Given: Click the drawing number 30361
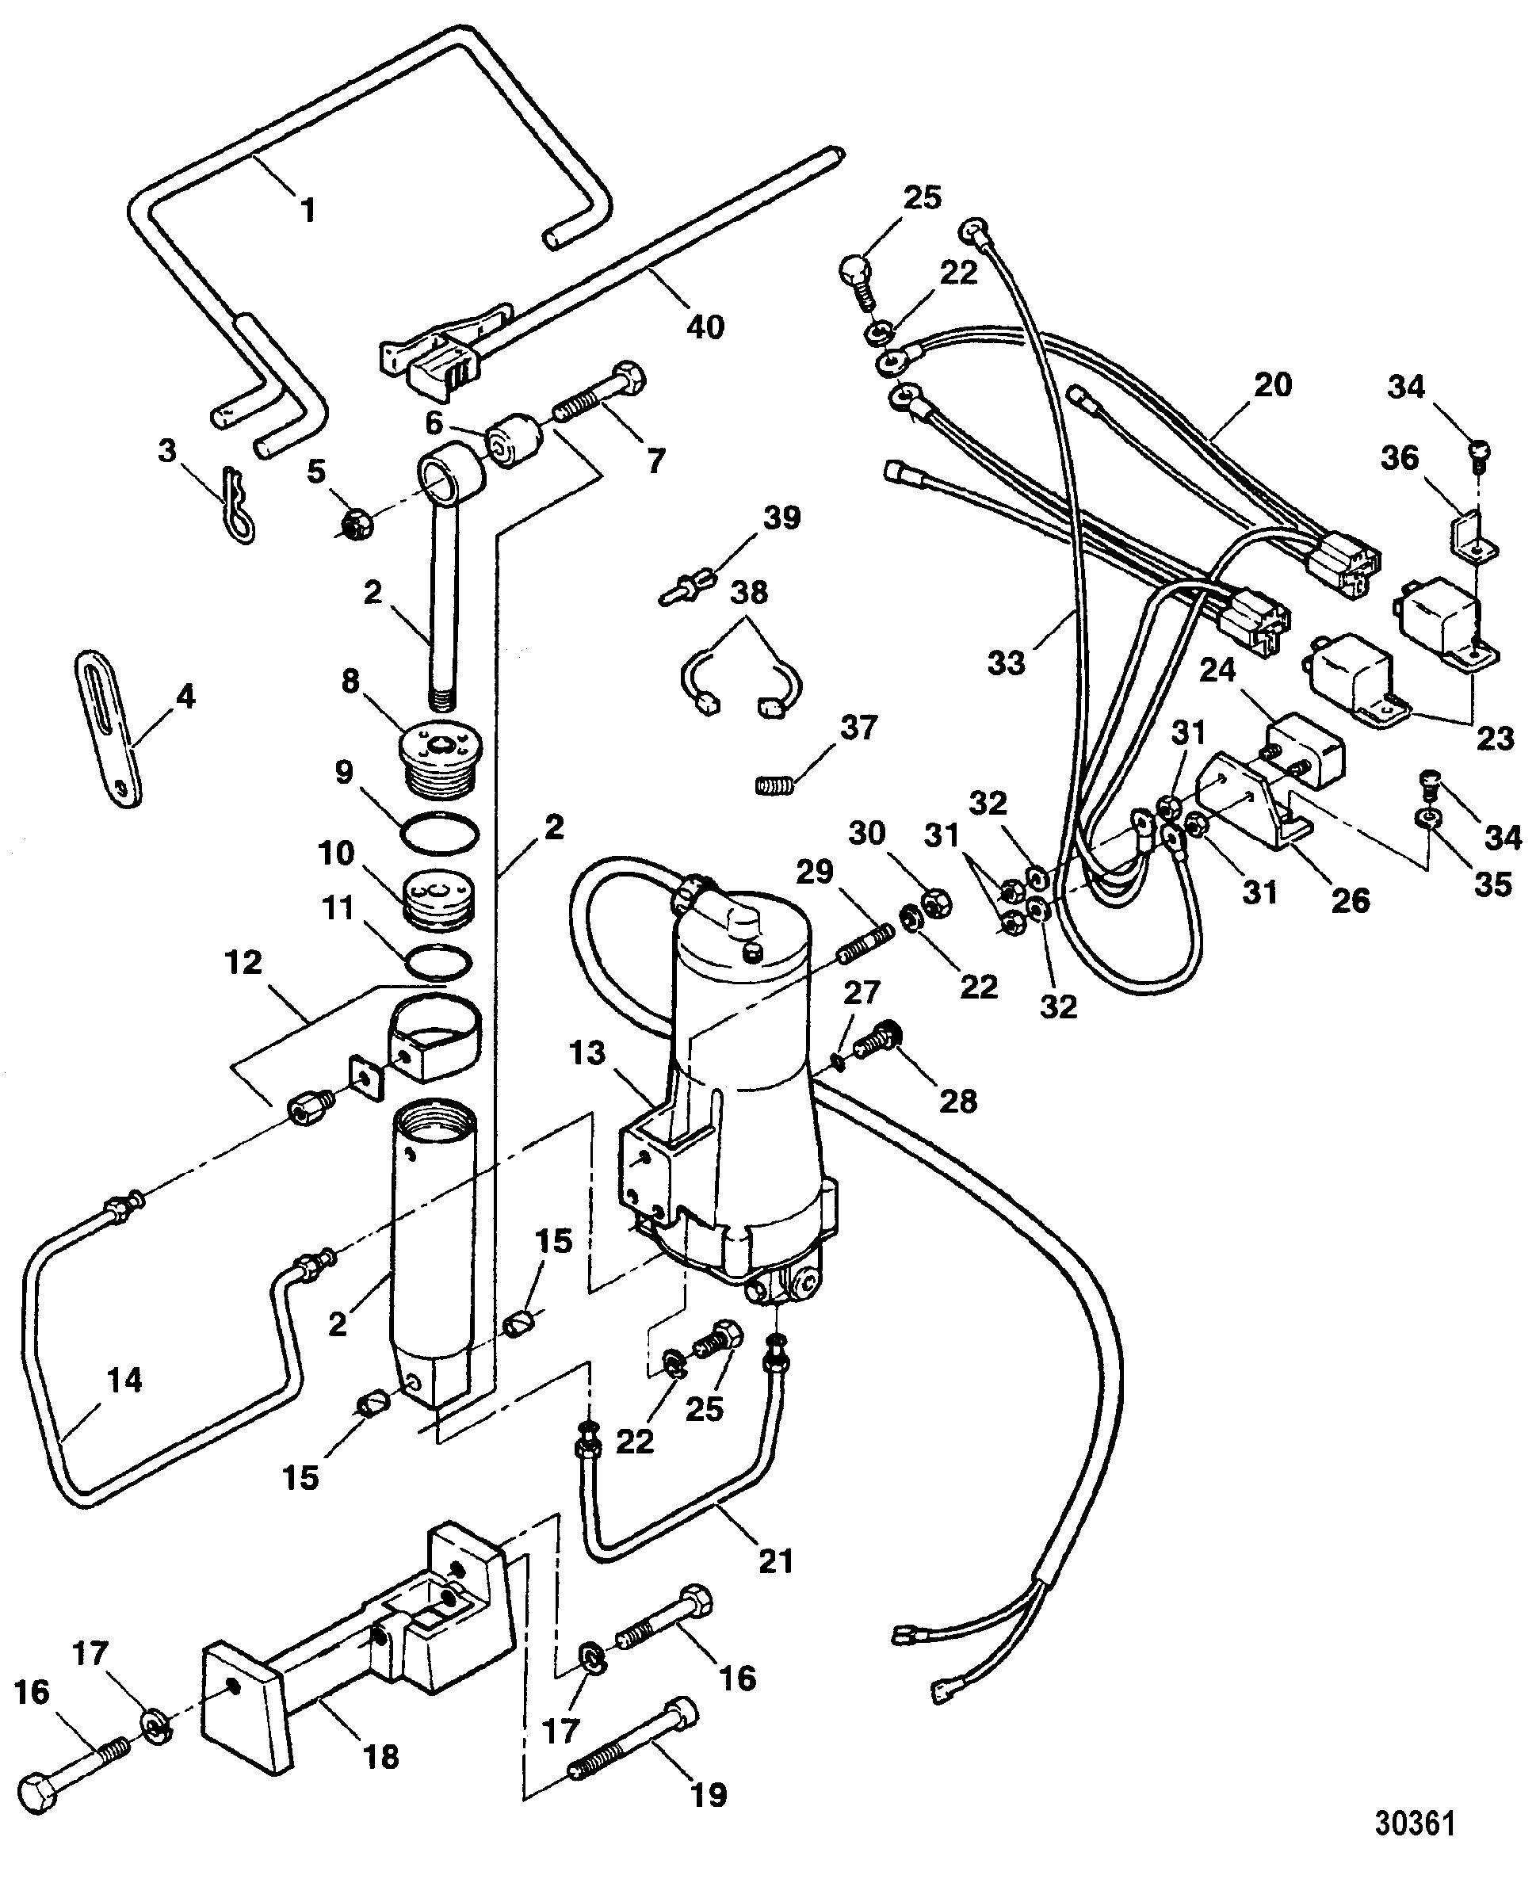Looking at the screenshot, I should click(1414, 1824).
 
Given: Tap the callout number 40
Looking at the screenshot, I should click(705, 327).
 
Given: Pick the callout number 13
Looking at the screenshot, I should click(587, 1052).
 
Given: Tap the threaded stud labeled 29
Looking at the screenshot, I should click(862, 944).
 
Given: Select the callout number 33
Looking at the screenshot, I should click(1006, 662).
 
